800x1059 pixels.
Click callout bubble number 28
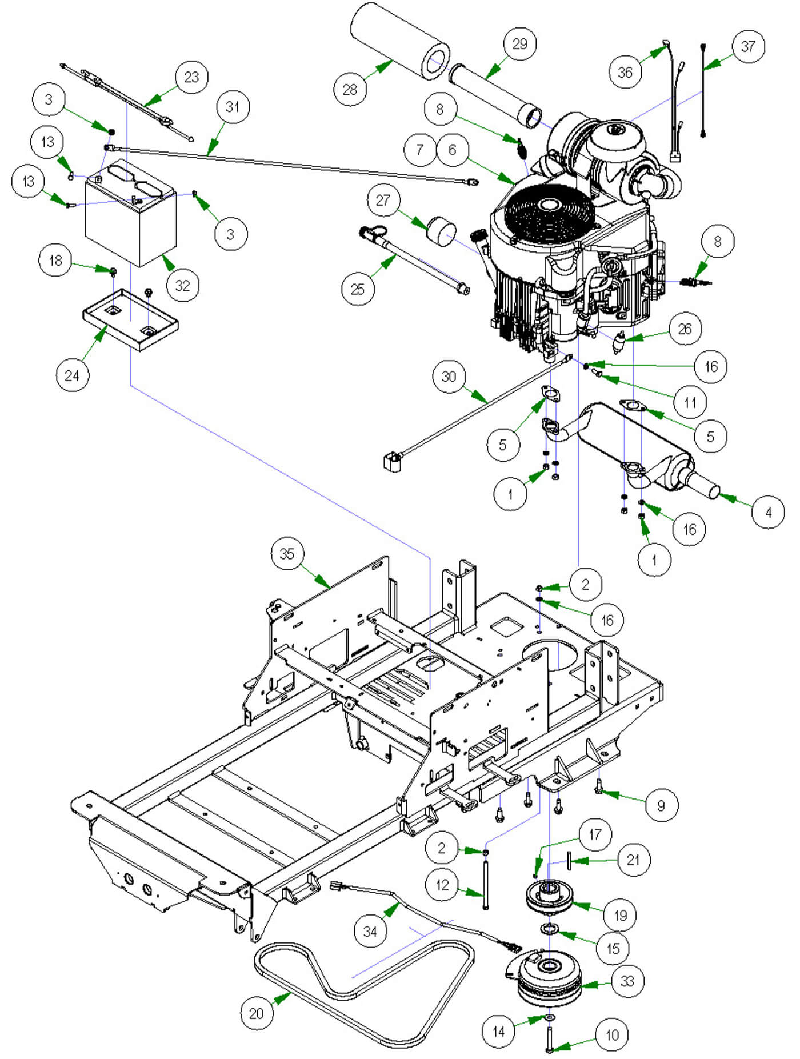(350, 89)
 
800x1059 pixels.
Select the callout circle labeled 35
(287, 553)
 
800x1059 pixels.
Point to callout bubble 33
(627, 981)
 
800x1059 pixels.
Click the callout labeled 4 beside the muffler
(768, 512)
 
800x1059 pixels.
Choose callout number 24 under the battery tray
(72, 375)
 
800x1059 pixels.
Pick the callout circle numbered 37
(748, 46)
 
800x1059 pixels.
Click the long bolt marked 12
(486, 884)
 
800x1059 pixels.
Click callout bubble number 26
(685, 329)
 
